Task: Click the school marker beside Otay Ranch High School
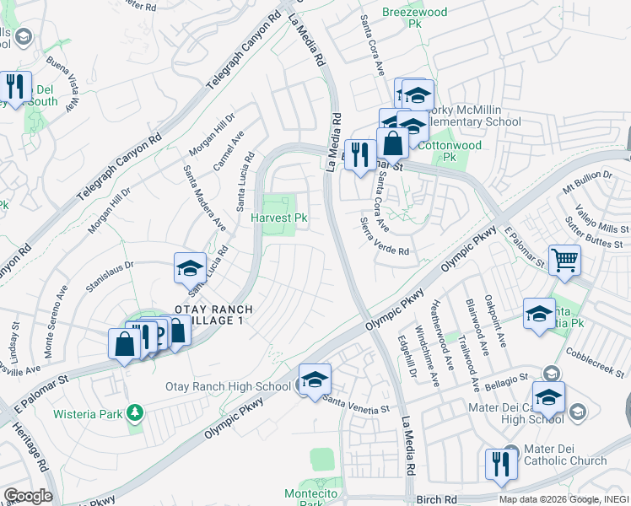[315, 379]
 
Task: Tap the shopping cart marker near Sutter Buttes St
[564, 260]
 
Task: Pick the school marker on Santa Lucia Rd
[190, 268]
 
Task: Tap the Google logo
[27, 496]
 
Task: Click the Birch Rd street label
[436, 500]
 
